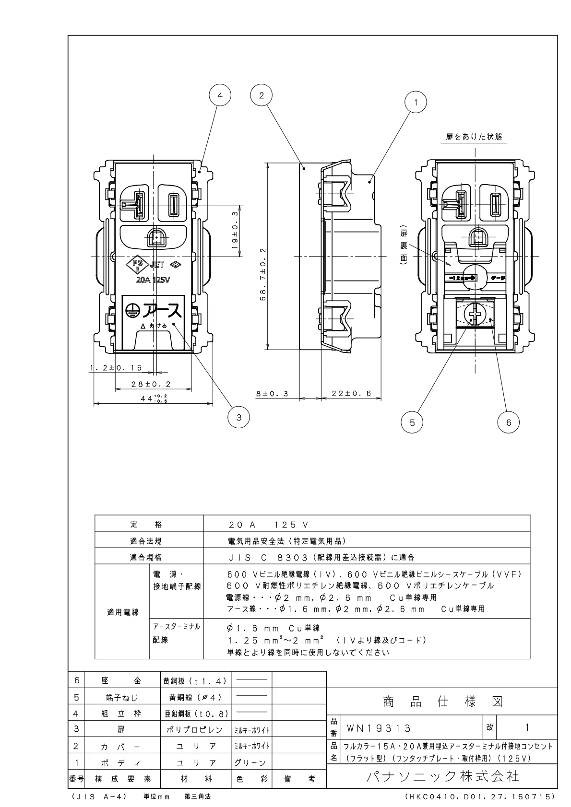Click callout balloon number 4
220,95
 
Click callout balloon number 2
262,95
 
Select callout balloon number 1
416,102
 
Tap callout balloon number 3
239,417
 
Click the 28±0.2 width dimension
152,384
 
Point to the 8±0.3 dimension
272,393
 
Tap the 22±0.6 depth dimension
352,393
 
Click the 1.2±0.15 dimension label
116,368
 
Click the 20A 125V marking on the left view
153,280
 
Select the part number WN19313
378,728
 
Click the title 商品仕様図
442,702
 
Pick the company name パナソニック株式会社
442,776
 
